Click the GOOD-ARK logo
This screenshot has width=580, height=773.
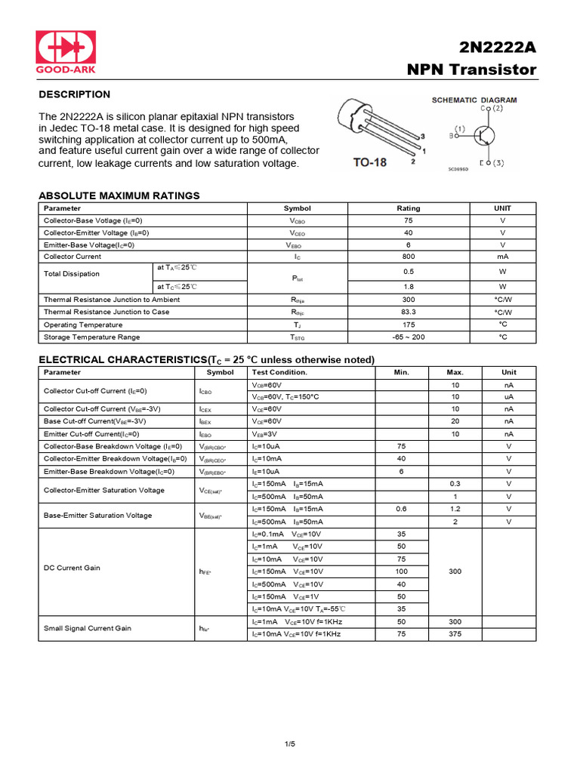click(x=66, y=52)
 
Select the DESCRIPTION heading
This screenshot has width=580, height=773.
click(x=74, y=94)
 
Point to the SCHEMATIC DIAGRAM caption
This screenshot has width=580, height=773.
click(x=474, y=100)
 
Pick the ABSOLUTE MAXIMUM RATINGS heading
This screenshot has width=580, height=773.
click(x=119, y=196)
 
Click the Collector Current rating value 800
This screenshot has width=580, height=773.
click(x=409, y=257)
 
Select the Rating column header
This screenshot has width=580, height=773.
click(x=409, y=208)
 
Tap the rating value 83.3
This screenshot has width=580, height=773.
click(x=409, y=312)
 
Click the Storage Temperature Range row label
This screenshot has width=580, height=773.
click(x=91, y=337)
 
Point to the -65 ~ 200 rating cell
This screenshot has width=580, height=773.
click(x=409, y=337)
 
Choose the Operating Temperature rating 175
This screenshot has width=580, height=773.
click(x=409, y=325)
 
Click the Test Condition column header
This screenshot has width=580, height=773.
click(x=279, y=372)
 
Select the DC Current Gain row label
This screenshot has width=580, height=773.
click(x=72, y=568)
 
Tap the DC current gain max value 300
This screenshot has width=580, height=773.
click(x=455, y=571)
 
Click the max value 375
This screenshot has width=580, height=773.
click(x=455, y=634)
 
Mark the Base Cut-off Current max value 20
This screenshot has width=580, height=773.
click(x=455, y=421)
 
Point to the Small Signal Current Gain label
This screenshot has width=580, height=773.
click(x=87, y=628)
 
